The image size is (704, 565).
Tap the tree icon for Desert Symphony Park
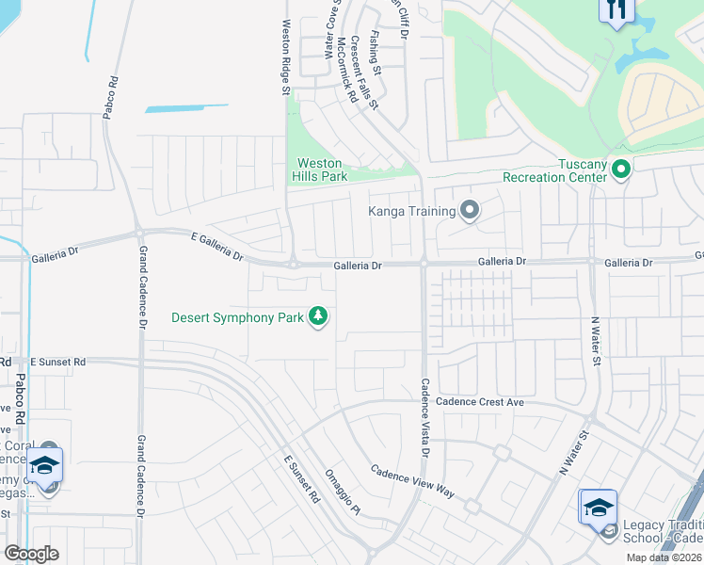click(319, 316)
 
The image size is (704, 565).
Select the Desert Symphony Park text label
click(237, 317)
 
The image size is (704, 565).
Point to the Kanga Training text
click(411, 211)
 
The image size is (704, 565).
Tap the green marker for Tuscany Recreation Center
click(620, 169)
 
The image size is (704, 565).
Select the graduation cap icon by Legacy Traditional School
click(598, 508)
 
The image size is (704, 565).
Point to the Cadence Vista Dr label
click(424, 419)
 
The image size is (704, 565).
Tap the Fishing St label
click(375, 53)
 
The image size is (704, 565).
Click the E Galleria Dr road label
click(216, 249)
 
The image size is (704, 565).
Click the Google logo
click(31, 554)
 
